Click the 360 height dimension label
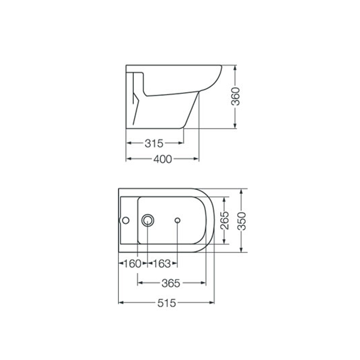(236, 96)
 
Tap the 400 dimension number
(162, 159)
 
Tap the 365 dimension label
(171, 283)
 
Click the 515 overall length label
(166, 303)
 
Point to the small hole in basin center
(178, 220)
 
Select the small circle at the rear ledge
(126, 220)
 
